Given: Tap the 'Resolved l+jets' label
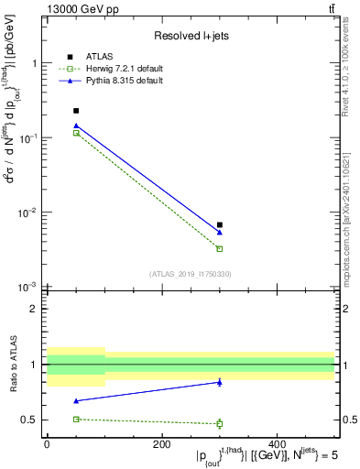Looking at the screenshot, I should (190, 35).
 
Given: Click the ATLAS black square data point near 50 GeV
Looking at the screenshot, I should (76, 111).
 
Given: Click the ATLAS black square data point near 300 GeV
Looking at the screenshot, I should (220, 224).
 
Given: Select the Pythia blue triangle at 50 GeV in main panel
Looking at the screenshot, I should (76, 125).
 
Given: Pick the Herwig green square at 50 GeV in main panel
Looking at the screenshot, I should (76, 133).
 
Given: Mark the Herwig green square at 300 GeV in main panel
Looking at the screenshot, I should (220, 248).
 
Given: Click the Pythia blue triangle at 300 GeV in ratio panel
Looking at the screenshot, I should (220, 382).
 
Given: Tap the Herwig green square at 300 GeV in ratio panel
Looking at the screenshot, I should (220, 423).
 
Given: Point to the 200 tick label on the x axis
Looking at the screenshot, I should (161, 444).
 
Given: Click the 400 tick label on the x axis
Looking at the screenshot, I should (277, 444).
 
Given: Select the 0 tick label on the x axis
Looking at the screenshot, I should (47, 444).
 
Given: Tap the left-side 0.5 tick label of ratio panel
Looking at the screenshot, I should (30, 420).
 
